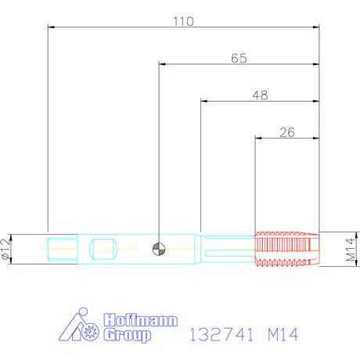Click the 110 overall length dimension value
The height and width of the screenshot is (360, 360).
184,21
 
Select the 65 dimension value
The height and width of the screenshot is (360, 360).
239,58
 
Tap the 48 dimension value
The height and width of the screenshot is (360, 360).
261,95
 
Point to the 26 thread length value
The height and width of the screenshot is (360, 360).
287,132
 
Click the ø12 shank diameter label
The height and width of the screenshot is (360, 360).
6,249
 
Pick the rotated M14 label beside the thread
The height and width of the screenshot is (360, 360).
351,249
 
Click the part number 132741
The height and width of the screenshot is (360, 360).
221,334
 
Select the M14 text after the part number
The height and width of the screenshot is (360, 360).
283,334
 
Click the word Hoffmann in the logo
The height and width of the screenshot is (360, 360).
141,320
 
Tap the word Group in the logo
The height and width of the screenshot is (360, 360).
128,335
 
